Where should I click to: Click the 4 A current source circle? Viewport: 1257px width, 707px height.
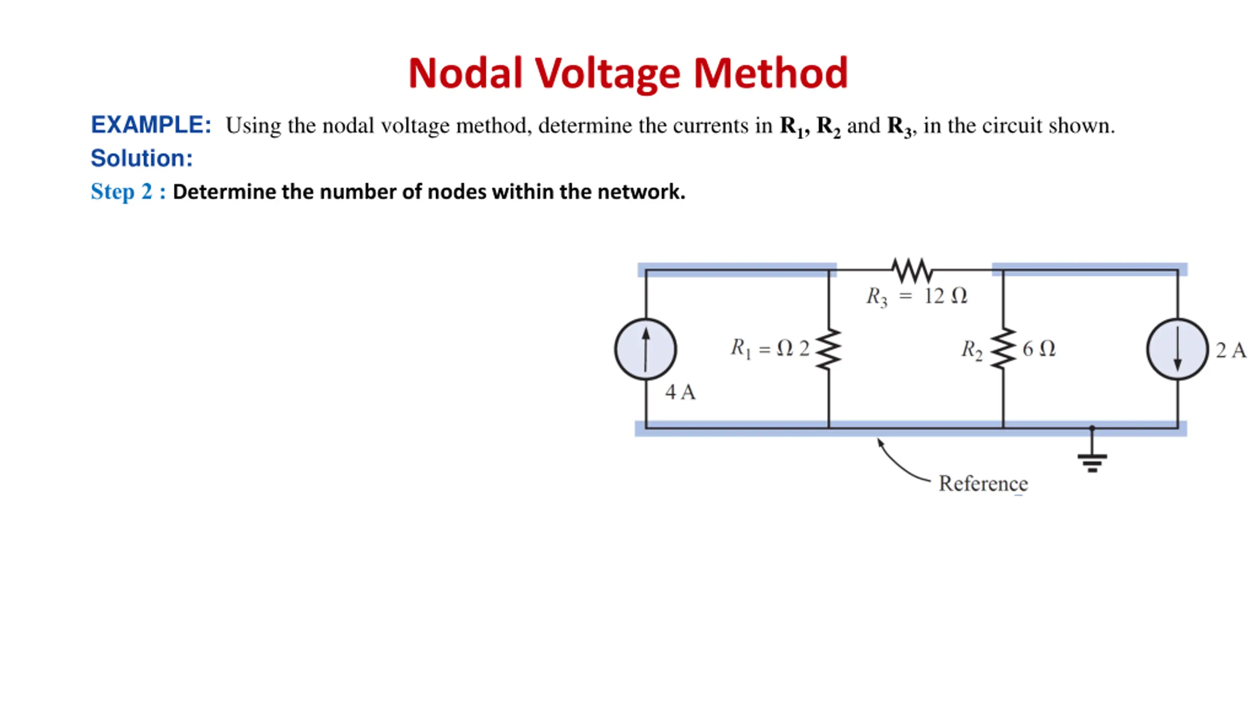click(x=646, y=349)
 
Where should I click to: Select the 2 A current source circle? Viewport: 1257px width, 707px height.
click(x=1177, y=349)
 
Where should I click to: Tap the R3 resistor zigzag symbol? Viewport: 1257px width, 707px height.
click(x=912, y=270)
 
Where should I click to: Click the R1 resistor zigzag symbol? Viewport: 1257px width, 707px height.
click(x=829, y=349)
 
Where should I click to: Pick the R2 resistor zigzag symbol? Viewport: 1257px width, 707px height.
click(x=1003, y=348)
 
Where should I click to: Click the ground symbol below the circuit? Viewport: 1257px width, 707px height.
click(x=1092, y=450)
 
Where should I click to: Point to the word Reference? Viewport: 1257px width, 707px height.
click(x=983, y=484)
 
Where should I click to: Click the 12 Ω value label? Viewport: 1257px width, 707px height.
click(x=946, y=296)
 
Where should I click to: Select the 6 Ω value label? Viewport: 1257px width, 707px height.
click(x=1039, y=349)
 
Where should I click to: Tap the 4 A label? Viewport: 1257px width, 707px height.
click(x=681, y=392)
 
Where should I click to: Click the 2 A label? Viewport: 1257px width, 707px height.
click(x=1231, y=350)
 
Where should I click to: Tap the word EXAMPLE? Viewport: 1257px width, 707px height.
click(x=151, y=125)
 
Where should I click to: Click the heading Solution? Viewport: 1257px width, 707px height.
click(x=141, y=158)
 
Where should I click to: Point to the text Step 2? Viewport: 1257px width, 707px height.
click(x=122, y=191)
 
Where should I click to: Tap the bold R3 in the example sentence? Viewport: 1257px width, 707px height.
click(x=899, y=127)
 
